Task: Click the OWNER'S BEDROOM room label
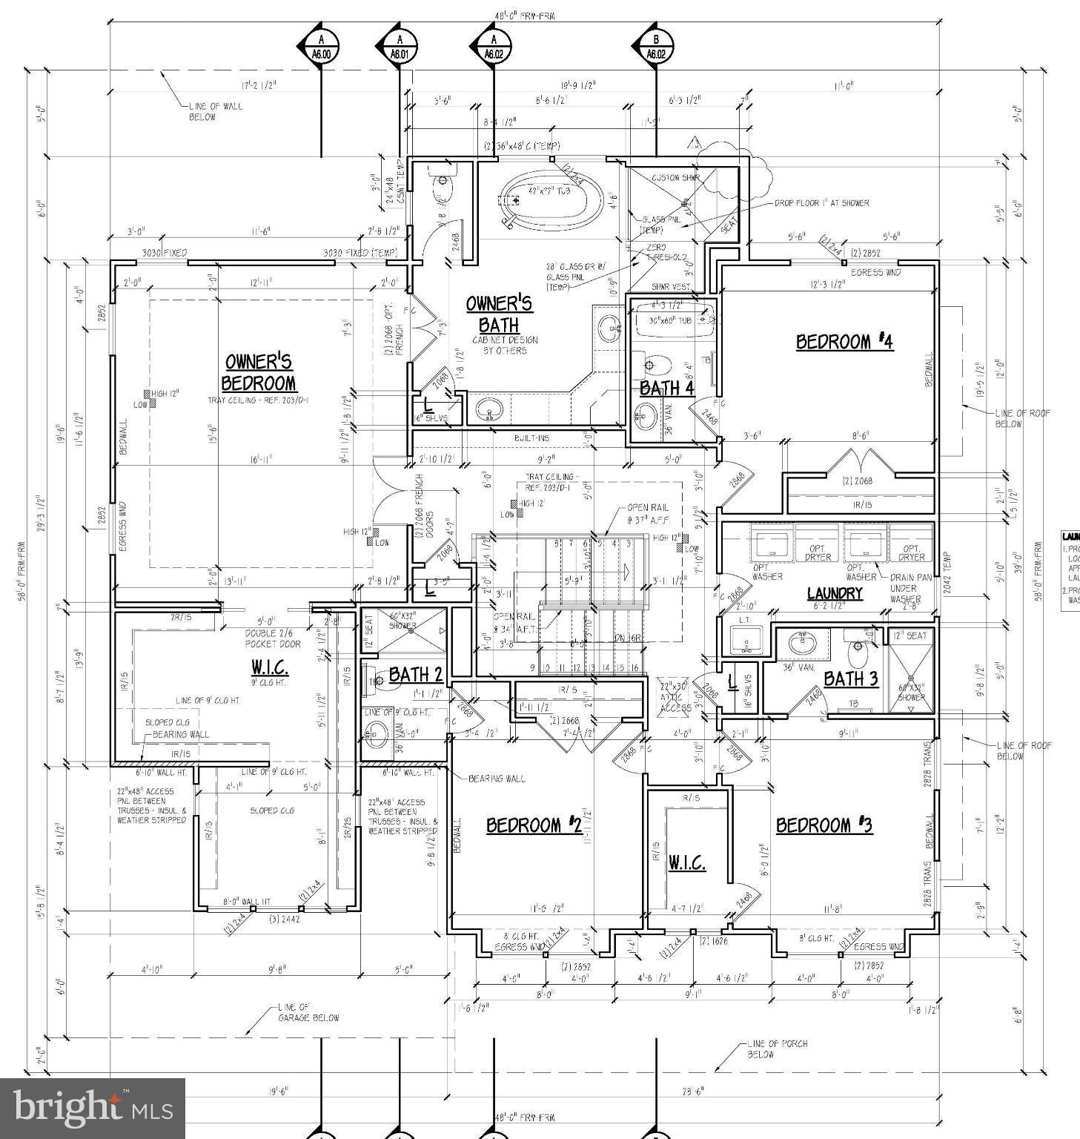259,372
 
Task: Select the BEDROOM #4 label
844,342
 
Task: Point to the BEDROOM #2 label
533,825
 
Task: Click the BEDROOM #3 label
824,825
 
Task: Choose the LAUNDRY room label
835,593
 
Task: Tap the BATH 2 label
415,675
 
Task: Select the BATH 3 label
850,679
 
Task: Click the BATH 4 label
666,388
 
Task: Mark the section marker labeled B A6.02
655,47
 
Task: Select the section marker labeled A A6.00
320,47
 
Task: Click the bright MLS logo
93,1108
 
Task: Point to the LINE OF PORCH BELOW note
777,1049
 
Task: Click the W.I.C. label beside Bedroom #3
686,862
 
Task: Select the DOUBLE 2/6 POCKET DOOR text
273,638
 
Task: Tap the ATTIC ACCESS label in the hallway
676,697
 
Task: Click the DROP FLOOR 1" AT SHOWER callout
821,202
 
